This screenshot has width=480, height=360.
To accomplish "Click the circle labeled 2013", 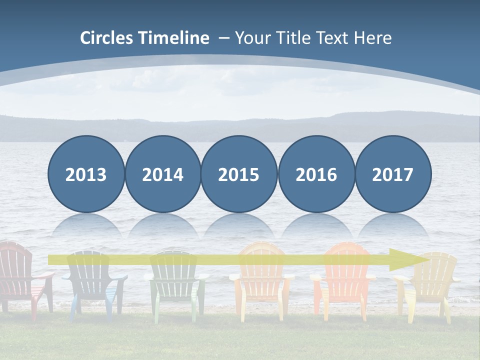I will coord(86,174).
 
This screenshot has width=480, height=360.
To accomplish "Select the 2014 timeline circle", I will coord(162,174).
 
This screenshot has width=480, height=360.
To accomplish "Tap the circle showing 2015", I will coord(239,174).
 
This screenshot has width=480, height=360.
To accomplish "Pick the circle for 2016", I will coord(316,174).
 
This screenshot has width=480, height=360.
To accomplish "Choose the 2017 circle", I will coord(393,174).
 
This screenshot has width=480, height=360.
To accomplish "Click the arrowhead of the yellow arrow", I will coord(410,259).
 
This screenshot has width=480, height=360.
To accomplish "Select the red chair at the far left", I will coord(20,280).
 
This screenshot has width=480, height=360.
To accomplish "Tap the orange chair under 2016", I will coord(343,282).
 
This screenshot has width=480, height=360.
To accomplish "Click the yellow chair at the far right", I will coord(429,285).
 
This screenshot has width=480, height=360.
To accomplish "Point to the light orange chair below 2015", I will coord(261,282).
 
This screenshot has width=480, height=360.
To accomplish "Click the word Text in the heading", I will coord(334,38).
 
